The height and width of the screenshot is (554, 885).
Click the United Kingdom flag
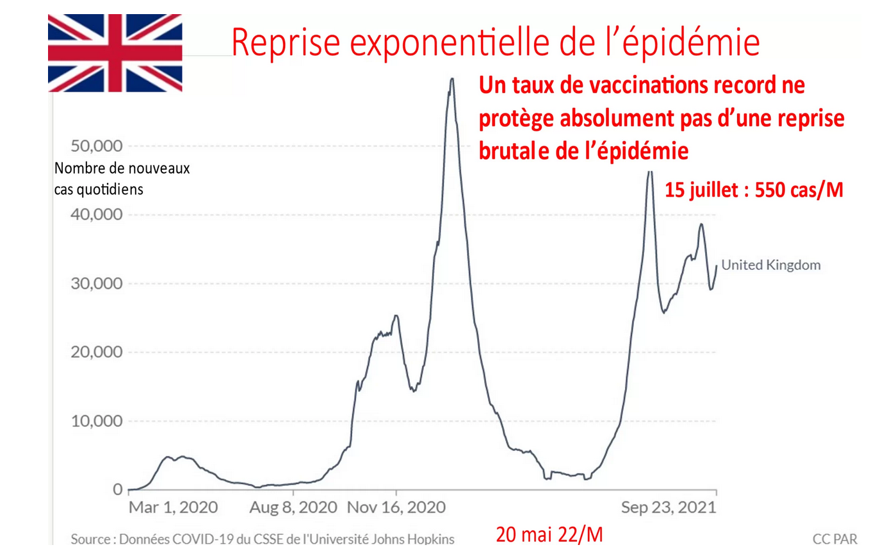[115, 53]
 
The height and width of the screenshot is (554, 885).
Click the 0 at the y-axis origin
[117, 490]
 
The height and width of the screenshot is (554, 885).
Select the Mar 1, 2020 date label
[173, 508]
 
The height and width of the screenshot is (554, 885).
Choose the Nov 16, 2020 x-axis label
[396, 508]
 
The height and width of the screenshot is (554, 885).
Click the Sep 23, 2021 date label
[669, 508]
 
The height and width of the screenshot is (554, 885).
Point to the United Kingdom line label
[770, 264]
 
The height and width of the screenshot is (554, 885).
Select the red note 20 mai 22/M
[550, 534]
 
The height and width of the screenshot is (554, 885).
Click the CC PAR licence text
[834, 539]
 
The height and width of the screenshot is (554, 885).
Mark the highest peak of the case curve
[451, 79]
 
